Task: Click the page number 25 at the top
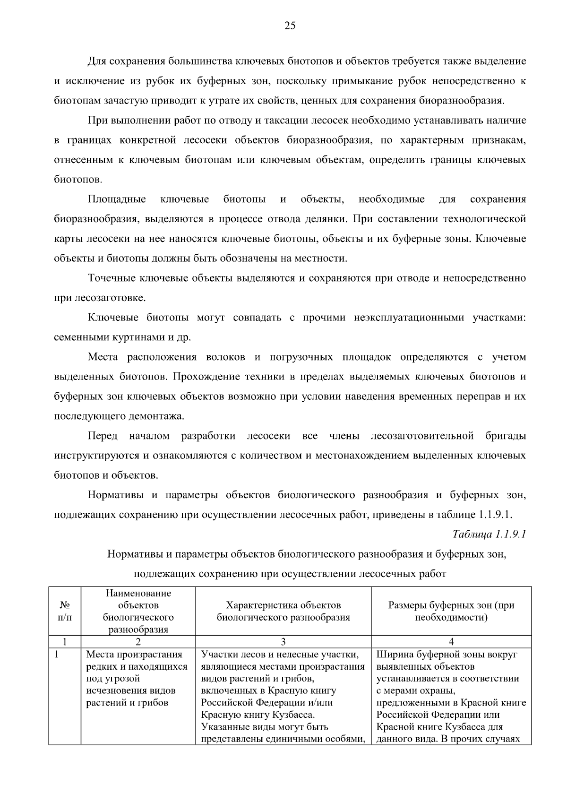290,26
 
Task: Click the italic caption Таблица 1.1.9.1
489,535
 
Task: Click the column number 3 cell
283,642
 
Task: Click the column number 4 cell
451,642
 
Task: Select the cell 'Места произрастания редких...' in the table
137,679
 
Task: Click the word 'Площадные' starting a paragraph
117,199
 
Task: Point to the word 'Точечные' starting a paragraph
112,278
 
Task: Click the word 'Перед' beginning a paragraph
103,436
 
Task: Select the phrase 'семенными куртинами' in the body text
104,337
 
